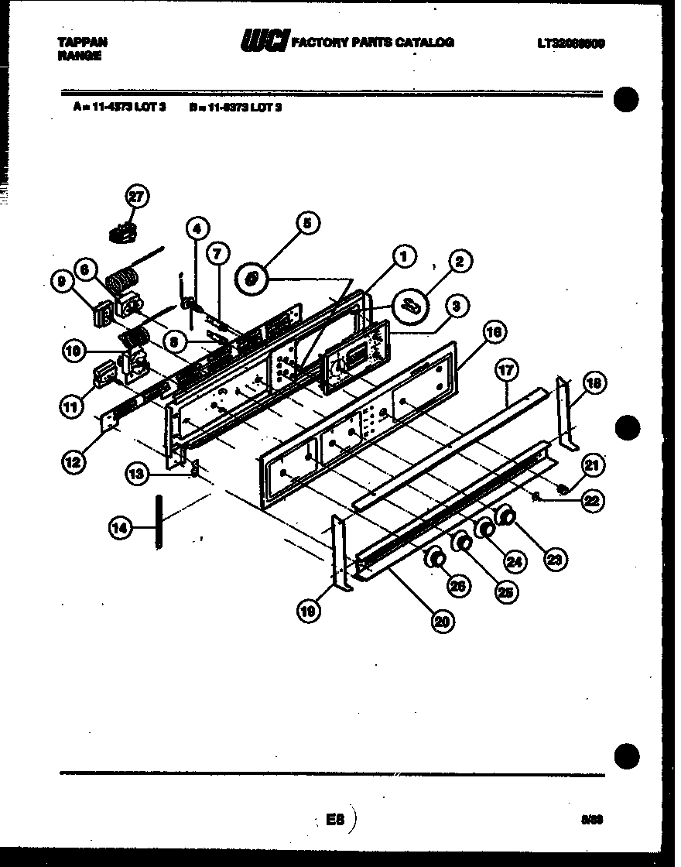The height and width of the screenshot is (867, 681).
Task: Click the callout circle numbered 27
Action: click(136, 197)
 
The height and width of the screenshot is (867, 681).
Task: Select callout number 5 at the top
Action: click(306, 224)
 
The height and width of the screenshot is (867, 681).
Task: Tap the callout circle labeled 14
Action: click(118, 529)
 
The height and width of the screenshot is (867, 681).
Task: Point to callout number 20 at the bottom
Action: click(443, 620)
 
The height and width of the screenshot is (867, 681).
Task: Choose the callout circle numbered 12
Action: click(75, 462)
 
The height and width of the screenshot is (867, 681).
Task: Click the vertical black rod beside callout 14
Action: click(158, 523)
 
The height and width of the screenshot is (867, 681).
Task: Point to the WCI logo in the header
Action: click(265, 41)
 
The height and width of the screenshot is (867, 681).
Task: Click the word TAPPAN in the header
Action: click(83, 42)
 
